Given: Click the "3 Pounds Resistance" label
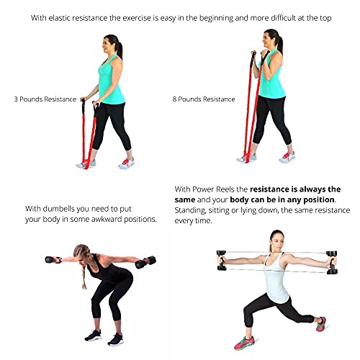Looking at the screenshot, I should coord(45,99).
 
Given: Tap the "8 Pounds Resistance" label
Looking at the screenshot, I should coord(204,99).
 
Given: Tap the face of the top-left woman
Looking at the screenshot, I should coord(115,45).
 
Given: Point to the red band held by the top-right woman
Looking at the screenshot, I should coord(249,108).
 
